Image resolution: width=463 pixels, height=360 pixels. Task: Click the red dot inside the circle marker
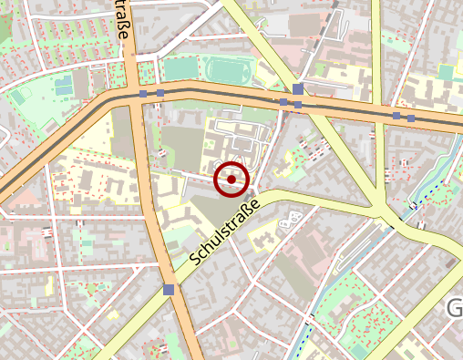pyautogui.click(x=231, y=180)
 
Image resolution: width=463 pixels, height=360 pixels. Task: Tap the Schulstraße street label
pyautogui.click(x=225, y=232)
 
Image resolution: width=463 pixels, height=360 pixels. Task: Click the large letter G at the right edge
pyautogui.click(x=455, y=310)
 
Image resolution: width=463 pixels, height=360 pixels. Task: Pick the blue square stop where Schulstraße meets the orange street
pyautogui.click(x=169, y=290)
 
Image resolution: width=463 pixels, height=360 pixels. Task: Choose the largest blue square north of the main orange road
pyautogui.click(x=298, y=89)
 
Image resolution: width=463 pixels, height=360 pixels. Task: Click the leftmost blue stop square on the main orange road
pyautogui.click(x=144, y=93)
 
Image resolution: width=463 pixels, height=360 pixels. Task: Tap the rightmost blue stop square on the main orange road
pyautogui.click(x=411, y=118)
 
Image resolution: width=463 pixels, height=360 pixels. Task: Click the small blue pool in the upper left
pyautogui.click(x=62, y=87)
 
